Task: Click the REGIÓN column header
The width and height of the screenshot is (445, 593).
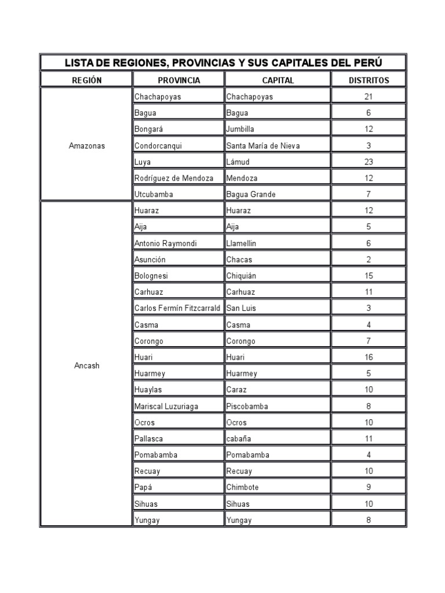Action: tap(86, 80)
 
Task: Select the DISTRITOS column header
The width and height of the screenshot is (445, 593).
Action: tap(369, 80)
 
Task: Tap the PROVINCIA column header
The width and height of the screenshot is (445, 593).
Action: tap(178, 80)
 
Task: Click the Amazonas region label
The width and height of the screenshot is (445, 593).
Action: tap(87, 146)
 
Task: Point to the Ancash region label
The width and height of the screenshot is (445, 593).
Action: tap(87, 365)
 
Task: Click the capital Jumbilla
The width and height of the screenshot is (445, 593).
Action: tap(240, 129)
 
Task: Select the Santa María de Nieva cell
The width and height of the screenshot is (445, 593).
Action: tap(262, 146)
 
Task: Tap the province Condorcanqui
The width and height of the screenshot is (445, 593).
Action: tap(158, 146)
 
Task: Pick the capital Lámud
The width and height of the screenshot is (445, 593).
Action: tap(238, 162)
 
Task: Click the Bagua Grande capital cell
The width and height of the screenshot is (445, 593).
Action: tap(250, 195)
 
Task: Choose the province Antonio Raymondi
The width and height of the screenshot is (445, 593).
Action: tap(165, 244)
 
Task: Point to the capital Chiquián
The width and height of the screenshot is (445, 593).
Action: tap(242, 276)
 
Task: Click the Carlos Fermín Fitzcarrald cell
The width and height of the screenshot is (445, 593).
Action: tap(177, 308)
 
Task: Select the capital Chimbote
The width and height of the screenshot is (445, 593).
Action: tap(242, 488)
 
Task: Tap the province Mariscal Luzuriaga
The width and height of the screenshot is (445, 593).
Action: tap(166, 407)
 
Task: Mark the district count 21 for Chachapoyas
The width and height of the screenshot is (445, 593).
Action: tap(369, 97)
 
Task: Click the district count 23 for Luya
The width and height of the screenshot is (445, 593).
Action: tap(369, 162)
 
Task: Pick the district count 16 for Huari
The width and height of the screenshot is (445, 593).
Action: tap(369, 357)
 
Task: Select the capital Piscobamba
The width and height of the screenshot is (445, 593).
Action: tap(247, 407)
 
